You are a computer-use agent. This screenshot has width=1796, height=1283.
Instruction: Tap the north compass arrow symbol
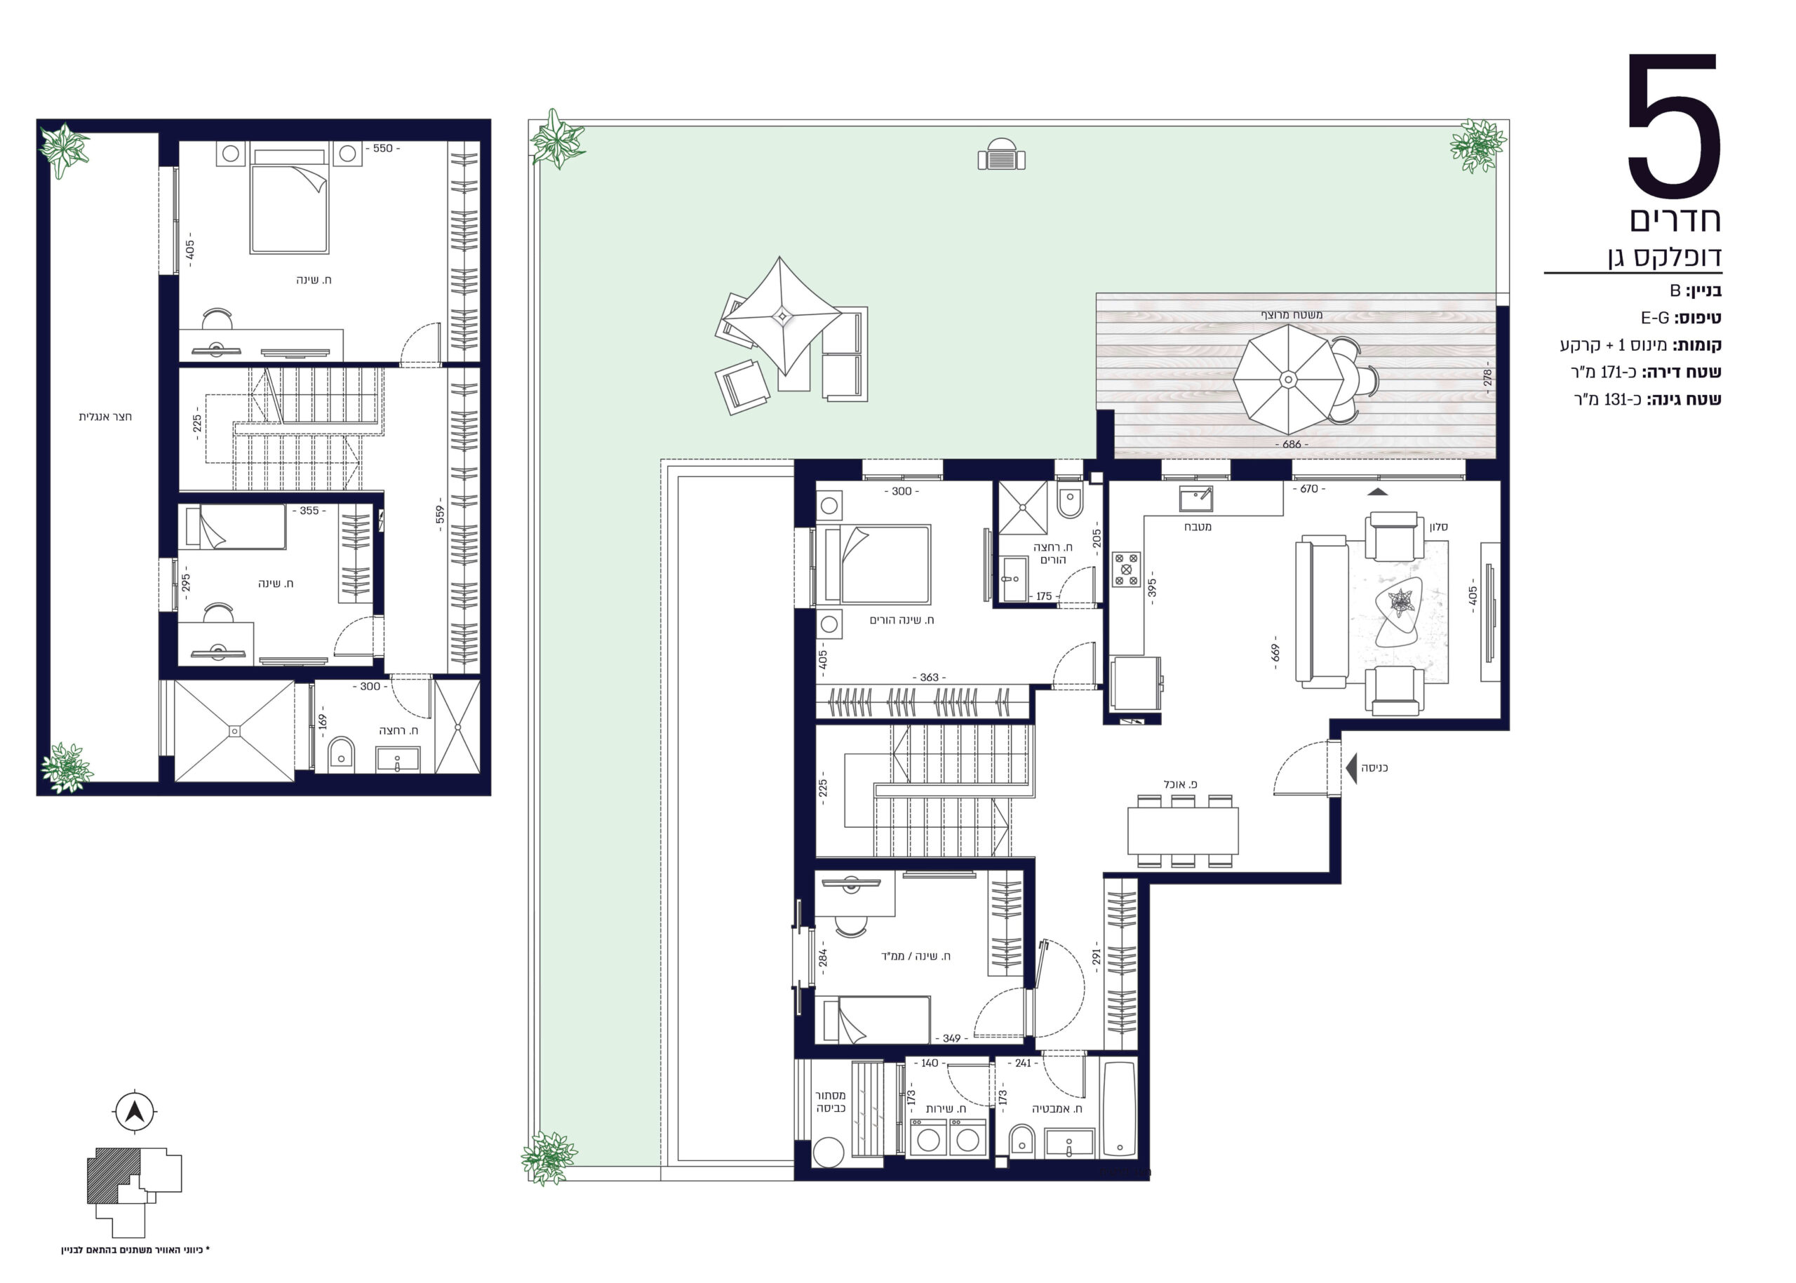[x=135, y=1113]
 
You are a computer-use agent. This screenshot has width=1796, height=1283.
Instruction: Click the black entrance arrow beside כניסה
[x=1351, y=768]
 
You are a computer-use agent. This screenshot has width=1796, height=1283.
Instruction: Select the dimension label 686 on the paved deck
[x=1291, y=445]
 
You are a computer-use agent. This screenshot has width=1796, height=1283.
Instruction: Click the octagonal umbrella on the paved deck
[x=1288, y=380]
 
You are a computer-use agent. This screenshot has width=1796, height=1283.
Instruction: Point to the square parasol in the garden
[x=782, y=316]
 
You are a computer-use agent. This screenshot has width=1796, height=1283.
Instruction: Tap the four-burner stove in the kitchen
[x=1126, y=569]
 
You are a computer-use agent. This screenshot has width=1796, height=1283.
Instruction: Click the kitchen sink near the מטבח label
[x=1195, y=499]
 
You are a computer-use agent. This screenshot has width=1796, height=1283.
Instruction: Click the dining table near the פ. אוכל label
[x=1182, y=831]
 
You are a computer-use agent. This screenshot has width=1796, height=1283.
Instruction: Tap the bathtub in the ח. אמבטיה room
[x=1118, y=1109]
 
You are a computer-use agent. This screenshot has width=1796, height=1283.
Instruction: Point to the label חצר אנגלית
[x=105, y=417]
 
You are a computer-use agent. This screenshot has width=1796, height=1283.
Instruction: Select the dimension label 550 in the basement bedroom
[x=382, y=149]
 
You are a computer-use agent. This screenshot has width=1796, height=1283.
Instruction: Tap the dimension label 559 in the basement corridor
[x=440, y=515]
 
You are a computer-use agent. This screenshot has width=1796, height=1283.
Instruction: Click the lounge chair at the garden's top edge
[x=1001, y=154]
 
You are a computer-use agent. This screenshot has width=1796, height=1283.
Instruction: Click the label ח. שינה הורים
[x=902, y=620]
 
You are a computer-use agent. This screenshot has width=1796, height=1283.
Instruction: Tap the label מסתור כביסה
[x=831, y=1102]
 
